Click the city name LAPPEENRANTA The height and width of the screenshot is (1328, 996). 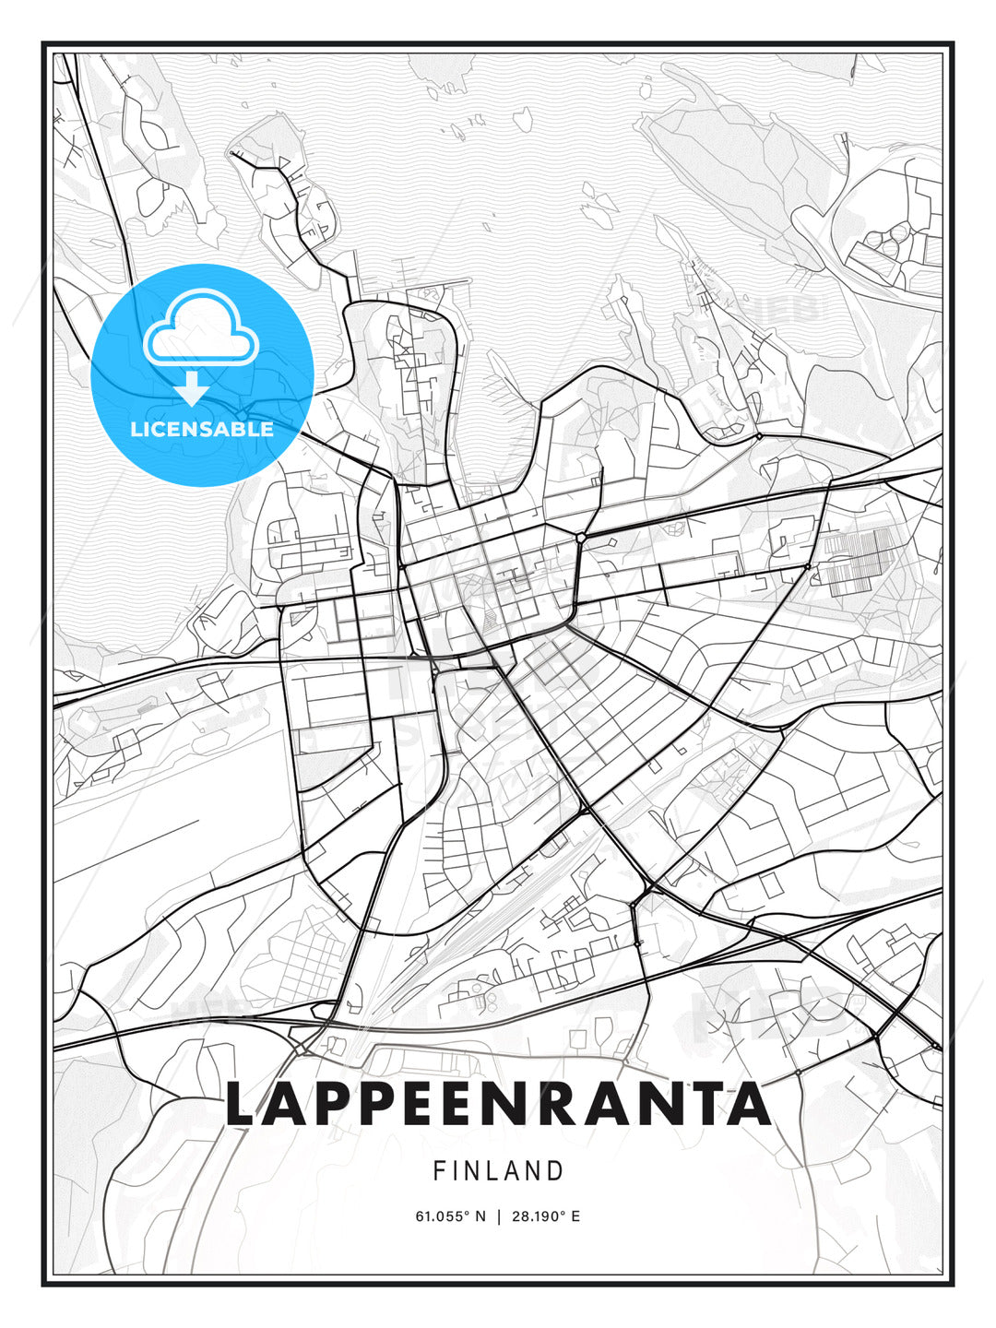[x=498, y=1104]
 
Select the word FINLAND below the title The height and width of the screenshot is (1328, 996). [x=498, y=1171]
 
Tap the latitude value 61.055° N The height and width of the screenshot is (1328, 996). [x=450, y=1216]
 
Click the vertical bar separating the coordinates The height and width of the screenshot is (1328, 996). [x=498, y=1216]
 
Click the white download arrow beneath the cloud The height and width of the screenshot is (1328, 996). [x=192, y=388]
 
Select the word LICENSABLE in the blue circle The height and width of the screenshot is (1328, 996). [x=202, y=429]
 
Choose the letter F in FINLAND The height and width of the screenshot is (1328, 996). [x=440, y=1171]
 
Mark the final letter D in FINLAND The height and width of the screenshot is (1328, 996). [x=555, y=1171]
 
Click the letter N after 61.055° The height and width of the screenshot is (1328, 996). [x=480, y=1216]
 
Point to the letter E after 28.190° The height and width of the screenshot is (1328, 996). [x=575, y=1216]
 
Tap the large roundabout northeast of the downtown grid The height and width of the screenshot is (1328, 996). [x=581, y=537]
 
